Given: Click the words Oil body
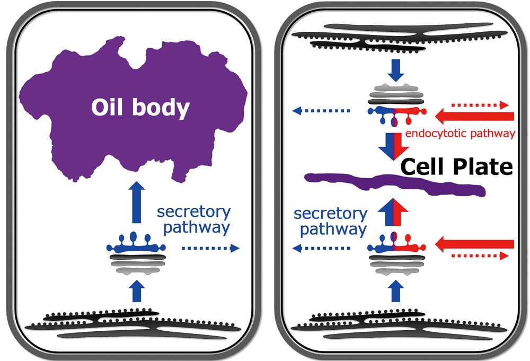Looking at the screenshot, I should click(x=140, y=108).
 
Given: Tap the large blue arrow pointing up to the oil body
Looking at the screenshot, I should click(x=136, y=204).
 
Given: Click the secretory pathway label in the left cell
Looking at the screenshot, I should click(x=194, y=220).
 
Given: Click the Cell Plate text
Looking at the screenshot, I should click(x=456, y=168).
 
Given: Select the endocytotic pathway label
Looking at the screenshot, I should click(x=460, y=134).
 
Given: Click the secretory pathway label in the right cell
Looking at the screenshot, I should click(x=330, y=222).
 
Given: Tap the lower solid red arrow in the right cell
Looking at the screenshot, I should click(x=474, y=244).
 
